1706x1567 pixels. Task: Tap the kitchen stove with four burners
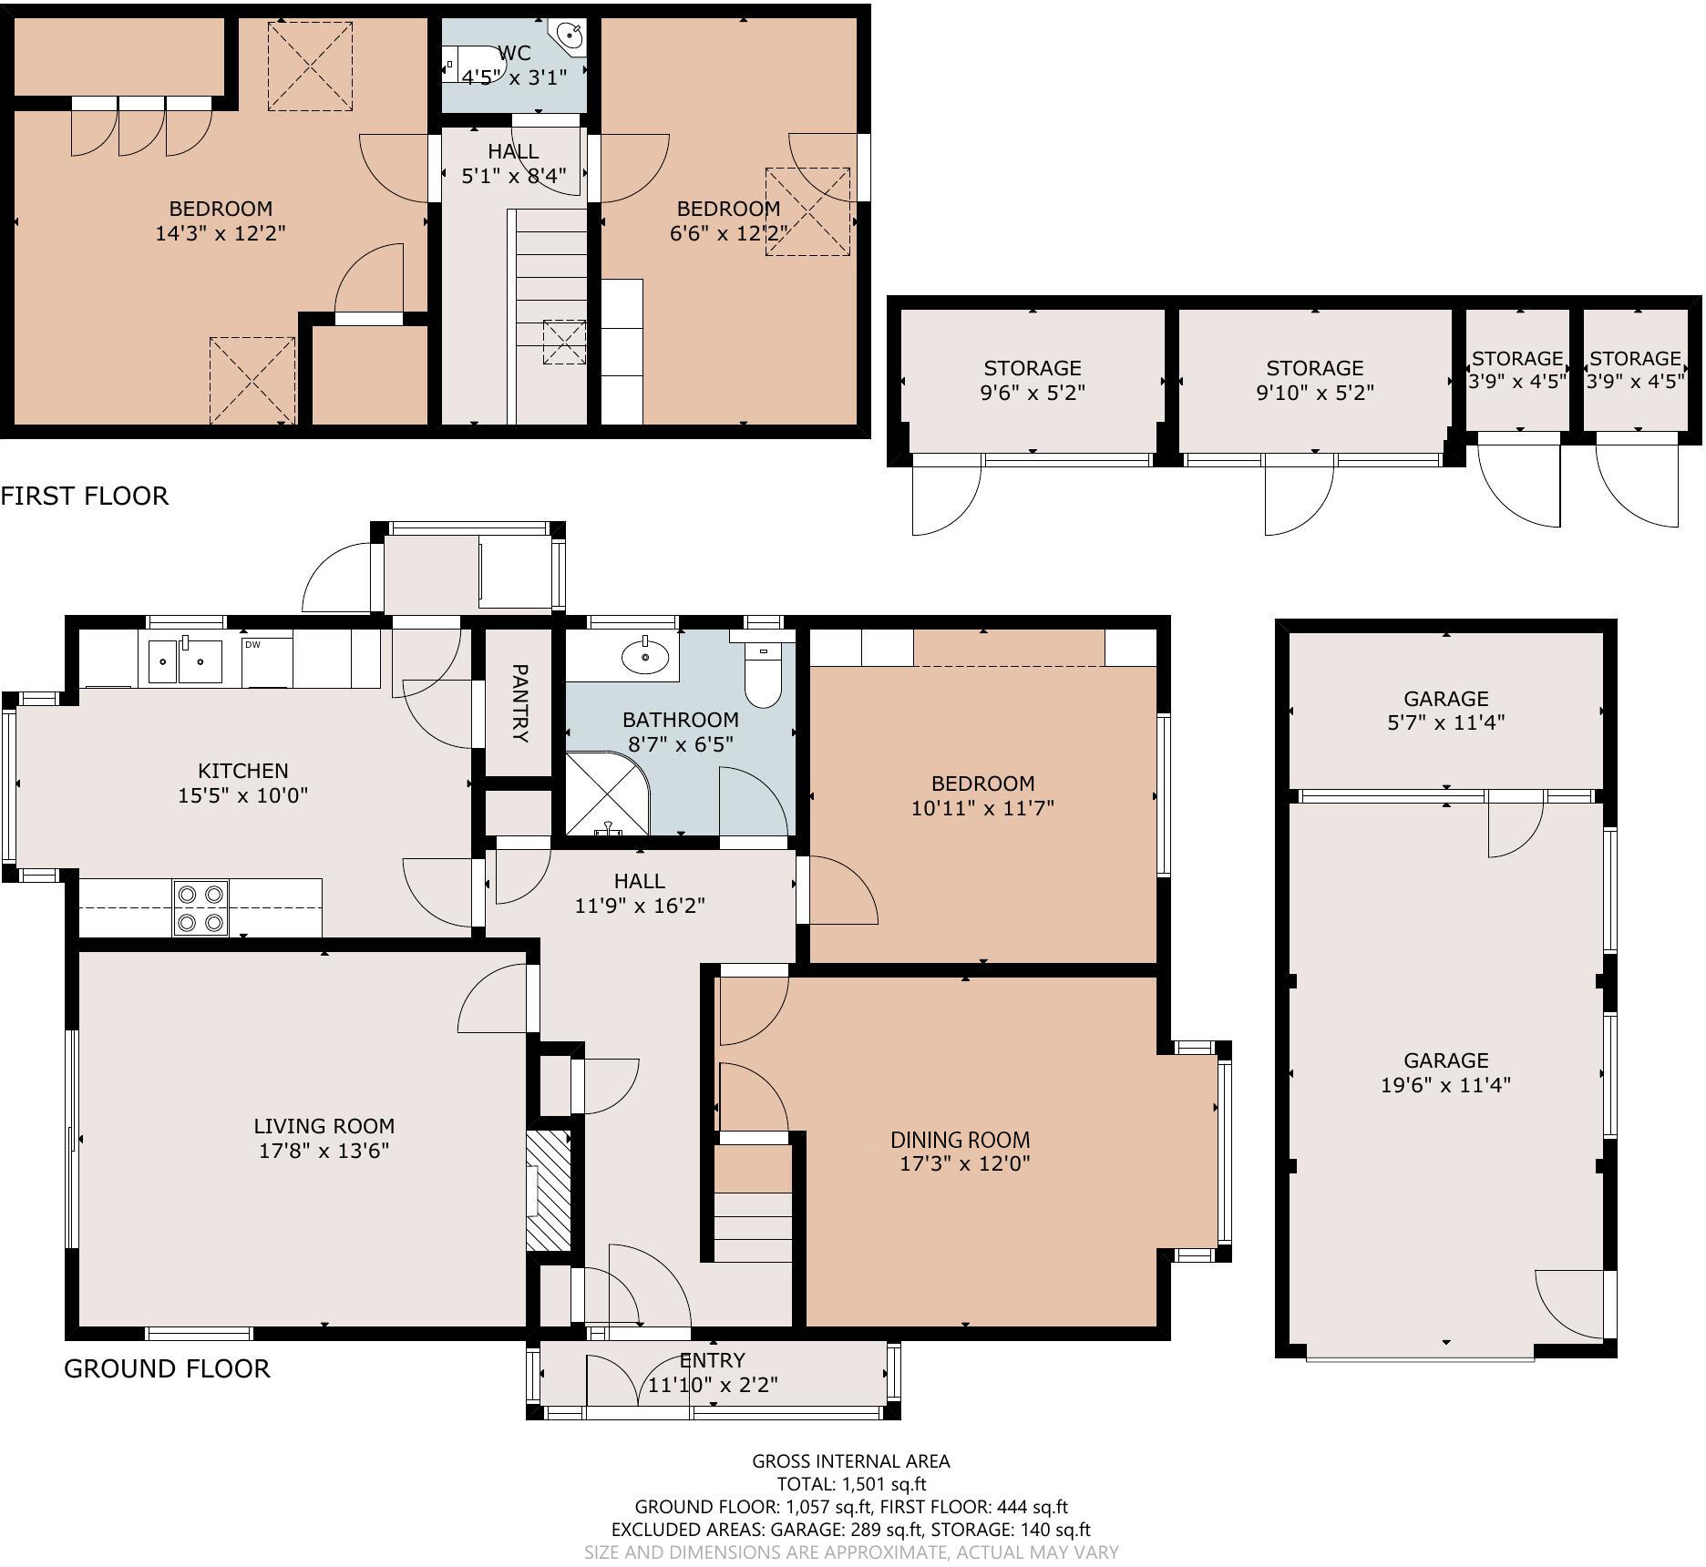point(200,908)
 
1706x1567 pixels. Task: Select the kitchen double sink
point(185,661)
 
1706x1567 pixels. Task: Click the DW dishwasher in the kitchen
point(267,661)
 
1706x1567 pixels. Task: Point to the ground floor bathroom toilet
point(764,675)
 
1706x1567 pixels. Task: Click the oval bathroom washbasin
point(646,656)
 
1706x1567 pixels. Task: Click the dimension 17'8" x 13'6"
point(324,1151)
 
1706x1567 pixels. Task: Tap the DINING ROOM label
point(961,1139)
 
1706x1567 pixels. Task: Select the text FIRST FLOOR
point(85,496)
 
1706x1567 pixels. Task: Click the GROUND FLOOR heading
point(167,1368)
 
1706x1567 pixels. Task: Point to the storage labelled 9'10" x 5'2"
point(1314,393)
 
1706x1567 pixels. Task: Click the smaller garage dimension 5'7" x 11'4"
point(1445,722)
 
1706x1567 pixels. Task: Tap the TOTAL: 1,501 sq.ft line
point(850,1484)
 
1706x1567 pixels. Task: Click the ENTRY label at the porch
point(713,1360)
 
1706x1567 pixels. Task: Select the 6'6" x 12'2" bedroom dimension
point(727,233)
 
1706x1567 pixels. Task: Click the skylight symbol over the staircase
point(565,343)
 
